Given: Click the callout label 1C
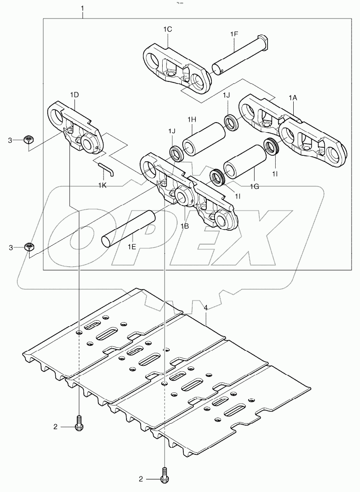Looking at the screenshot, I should point(168,30).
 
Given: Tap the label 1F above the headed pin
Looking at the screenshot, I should point(234,34).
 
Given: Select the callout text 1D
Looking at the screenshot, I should point(74,94).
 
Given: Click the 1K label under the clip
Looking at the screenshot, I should point(102,186).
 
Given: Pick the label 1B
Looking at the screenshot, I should point(185,226).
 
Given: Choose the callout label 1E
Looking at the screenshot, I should point(132,246).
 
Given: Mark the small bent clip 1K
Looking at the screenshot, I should point(106,170).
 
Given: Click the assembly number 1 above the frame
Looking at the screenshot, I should point(83,9).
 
